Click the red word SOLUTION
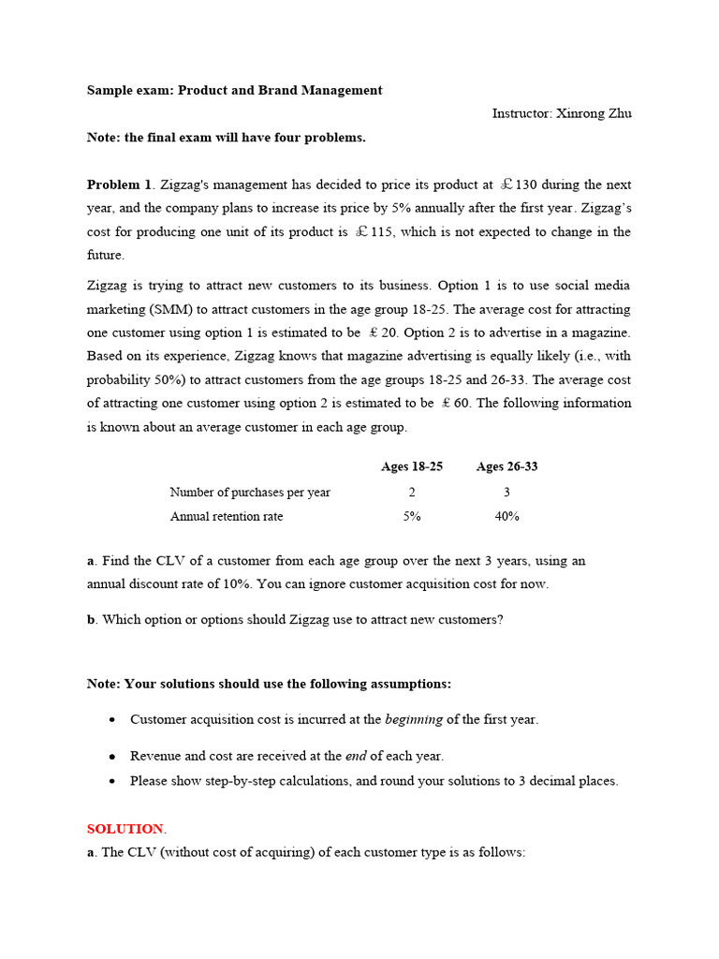(x=125, y=829)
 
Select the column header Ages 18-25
(x=412, y=466)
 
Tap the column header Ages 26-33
(x=506, y=466)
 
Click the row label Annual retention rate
(x=226, y=516)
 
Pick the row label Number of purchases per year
(x=249, y=492)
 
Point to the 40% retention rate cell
(x=506, y=516)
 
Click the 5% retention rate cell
(x=412, y=516)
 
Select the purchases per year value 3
(x=506, y=492)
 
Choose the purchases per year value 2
(x=412, y=492)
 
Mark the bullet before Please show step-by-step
(x=112, y=780)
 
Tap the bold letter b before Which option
(x=91, y=619)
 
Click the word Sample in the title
(x=110, y=90)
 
